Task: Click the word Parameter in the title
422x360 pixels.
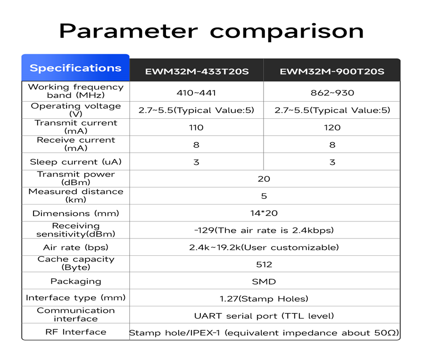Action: pyautogui.click(x=128, y=31)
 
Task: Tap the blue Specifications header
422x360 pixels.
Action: pyautogui.click(x=75, y=68)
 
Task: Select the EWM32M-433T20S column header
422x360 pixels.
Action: pyautogui.click(x=197, y=72)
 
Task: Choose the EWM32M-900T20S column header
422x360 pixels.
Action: pyautogui.click(x=332, y=72)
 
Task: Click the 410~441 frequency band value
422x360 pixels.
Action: pyautogui.click(x=196, y=93)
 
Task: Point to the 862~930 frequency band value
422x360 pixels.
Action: pyautogui.click(x=332, y=93)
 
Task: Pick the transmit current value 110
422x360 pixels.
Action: pyautogui.click(x=196, y=128)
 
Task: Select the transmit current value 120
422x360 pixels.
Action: pyautogui.click(x=332, y=128)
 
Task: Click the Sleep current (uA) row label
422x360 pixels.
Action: pyautogui.click(x=75, y=162)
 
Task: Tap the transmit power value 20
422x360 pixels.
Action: pyautogui.click(x=264, y=179)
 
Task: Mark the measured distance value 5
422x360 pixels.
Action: pyautogui.click(x=264, y=196)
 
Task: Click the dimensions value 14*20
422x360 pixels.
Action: pyautogui.click(x=264, y=213)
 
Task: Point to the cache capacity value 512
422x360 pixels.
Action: pyautogui.click(x=264, y=265)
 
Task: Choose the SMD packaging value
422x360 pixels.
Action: pyautogui.click(x=264, y=282)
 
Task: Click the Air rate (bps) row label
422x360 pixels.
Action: pyautogui.click(x=75, y=247)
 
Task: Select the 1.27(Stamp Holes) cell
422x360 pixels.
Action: pyautogui.click(x=264, y=299)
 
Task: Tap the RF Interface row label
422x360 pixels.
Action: pyautogui.click(x=75, y=332)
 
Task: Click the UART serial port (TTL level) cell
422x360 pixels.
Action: pyautogui.click(x=264, y=316)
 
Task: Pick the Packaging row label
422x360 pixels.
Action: pyautogui.click(x=75, y=282)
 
